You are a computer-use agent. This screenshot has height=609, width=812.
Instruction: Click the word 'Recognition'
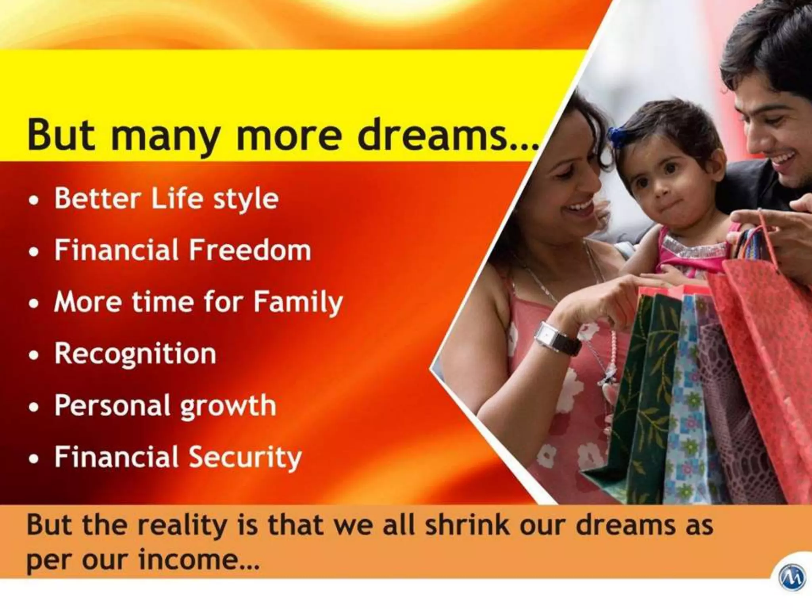click(135, 354)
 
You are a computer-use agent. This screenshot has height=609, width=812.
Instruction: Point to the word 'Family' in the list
click(298, 303)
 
